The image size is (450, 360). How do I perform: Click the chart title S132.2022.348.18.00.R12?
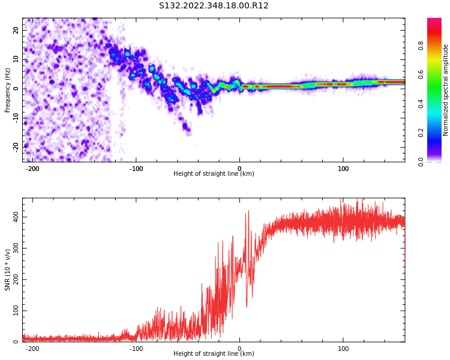[214, 6]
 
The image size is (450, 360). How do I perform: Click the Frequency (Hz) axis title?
[7, 90]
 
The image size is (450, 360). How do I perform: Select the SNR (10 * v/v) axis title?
[7, 269]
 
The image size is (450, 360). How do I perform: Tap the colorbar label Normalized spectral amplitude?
[445, 90]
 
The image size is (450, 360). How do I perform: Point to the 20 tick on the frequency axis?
[16, 30]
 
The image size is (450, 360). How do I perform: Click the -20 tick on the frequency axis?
[16, 147]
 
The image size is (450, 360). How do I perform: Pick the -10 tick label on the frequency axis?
[16, 118]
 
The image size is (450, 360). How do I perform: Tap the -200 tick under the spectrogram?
[32, 169]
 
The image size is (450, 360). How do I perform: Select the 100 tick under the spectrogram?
[343, 169]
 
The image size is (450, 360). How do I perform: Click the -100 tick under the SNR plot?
[136, 349]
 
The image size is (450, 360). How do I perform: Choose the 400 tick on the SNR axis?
[16, 217]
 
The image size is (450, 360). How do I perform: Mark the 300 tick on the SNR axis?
[16, 248]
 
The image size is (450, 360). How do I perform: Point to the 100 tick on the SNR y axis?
[16, 311]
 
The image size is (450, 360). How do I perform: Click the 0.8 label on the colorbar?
[421, 46]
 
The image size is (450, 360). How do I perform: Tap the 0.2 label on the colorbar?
[421, 133]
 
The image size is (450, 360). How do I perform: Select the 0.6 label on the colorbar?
[421, 74]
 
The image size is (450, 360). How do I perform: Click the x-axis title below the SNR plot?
[214, 353]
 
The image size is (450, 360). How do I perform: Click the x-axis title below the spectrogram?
[214, 173]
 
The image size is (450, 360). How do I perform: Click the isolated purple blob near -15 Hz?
[185, 127]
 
